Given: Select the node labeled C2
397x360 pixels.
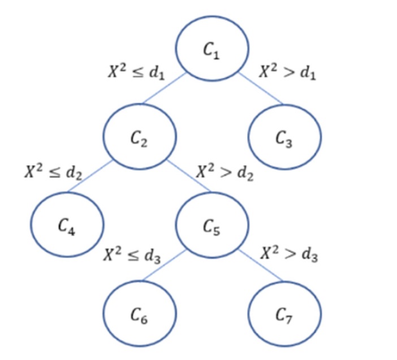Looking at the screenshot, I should point(139,137).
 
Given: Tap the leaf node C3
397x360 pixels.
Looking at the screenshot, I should point(285,137).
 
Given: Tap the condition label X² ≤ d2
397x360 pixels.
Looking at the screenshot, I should point(53,172).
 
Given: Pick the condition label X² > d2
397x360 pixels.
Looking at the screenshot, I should point(225,172).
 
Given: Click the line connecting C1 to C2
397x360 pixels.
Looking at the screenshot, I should point(163,89).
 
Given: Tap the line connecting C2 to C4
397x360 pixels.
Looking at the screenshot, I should point(90,177).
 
